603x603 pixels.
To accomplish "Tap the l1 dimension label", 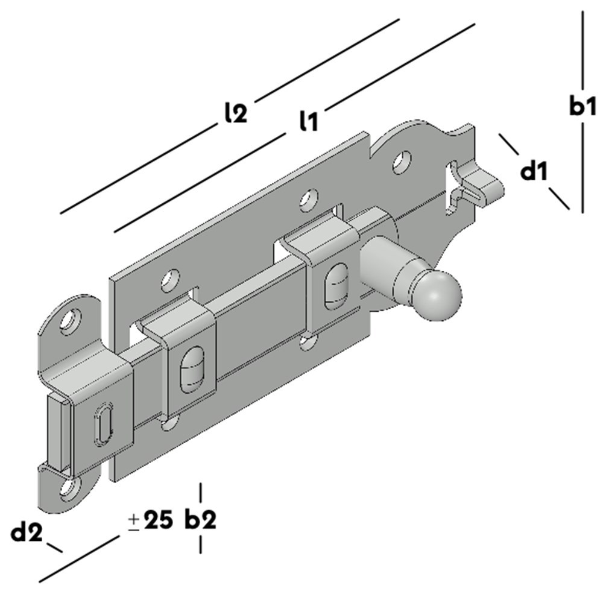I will [308, 121].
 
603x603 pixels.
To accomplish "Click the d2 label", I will [27, 532].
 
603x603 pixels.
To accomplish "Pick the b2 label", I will [200, 520].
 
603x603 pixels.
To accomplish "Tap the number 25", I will [159, 520].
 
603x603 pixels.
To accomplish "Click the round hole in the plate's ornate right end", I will [399, 161].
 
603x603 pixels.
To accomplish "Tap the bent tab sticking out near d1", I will [485, 183].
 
